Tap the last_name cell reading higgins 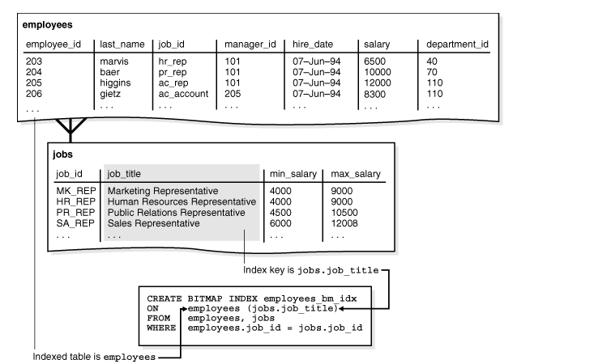[x=115, y=83]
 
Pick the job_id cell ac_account [x=183, y=94]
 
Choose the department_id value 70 [x=433, y=72]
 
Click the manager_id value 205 [x=233, y=94]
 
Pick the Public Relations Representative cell [x=176, y=212]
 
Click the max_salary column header [x=356, y=173]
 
